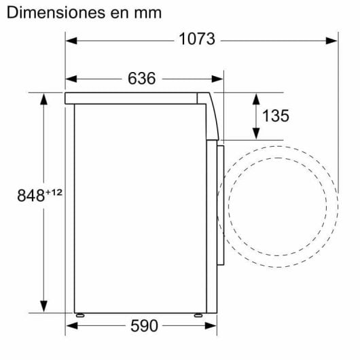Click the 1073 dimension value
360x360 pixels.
click(197, 39)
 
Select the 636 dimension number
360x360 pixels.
click(141, 78)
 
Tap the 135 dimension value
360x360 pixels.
click(275, 115)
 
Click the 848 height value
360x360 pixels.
click(31, 197)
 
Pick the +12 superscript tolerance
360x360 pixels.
click(54, 193)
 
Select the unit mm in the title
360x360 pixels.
click(147, 13)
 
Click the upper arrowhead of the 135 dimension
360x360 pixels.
click(255, 97)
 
